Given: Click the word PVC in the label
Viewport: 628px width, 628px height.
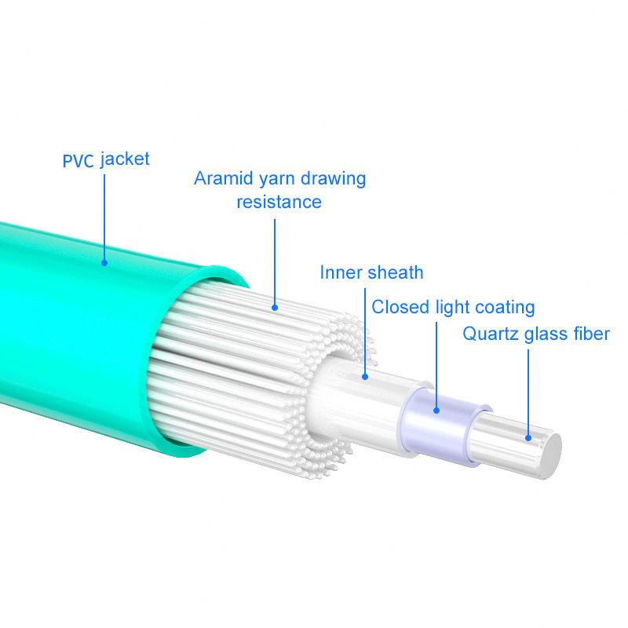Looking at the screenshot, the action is point(78,161).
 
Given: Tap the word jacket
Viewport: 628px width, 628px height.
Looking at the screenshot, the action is point(125,159).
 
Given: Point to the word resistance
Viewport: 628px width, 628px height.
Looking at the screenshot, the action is point(279,202).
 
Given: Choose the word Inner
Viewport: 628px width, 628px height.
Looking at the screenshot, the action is point(341,272).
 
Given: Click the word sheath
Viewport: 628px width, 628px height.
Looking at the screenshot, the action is point(396,272).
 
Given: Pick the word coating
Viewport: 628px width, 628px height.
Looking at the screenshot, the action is point(503,307).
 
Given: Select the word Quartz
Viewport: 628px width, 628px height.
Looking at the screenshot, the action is point(487,334).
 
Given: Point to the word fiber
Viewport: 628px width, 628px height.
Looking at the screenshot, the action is point(592,334).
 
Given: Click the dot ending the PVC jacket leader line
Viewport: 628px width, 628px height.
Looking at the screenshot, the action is point(104,263).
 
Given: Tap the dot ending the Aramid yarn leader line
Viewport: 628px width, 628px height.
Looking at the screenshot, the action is point(275,307).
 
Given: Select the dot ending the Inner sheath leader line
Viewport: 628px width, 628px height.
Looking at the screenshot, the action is point(365,377).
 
